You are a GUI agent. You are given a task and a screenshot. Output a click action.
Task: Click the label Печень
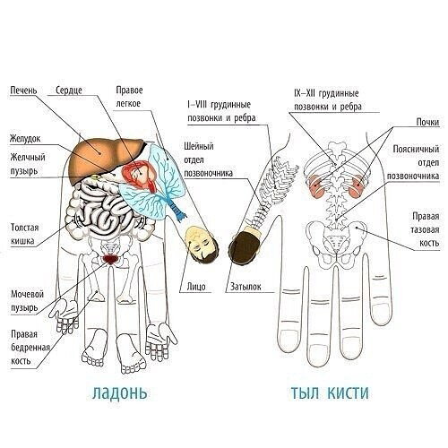click(23, 90)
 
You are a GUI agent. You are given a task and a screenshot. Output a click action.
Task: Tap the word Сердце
click(69, 90)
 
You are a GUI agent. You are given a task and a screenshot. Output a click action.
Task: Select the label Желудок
click(25, 139)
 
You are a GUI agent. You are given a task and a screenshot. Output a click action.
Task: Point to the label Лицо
click(196, 287)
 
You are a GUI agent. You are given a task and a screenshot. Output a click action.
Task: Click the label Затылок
click(246, 287)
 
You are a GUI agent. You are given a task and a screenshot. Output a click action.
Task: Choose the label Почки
click(427, 122)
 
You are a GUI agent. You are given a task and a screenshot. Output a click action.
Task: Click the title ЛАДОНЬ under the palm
click(120, 392)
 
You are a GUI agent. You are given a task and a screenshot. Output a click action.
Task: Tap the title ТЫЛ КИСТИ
click(330, 392)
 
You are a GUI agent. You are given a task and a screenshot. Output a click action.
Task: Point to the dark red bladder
click(110, 259)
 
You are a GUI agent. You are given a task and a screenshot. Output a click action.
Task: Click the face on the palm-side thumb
click(201, 245)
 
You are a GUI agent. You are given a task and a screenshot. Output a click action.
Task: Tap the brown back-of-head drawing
click(245, 246)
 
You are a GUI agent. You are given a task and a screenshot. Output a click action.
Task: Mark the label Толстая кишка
click(25, 234)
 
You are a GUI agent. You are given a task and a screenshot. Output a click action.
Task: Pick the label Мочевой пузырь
click(27, 301)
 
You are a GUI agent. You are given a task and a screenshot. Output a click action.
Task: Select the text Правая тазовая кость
click(426, 229)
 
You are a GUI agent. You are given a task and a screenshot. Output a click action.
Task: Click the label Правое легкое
click(129, 97)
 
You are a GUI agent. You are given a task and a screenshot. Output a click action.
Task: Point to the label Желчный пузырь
click(28, 164)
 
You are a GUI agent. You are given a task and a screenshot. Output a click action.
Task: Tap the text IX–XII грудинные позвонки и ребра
click(328, 99)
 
